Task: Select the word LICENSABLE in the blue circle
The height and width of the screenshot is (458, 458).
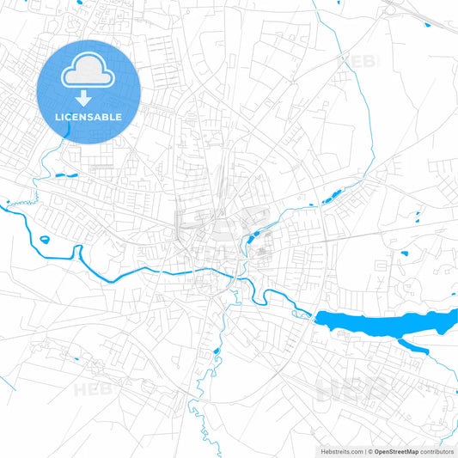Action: pos(89,116)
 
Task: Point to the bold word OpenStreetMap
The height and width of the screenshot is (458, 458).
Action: pos(396,450)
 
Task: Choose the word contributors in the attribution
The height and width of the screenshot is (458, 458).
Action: pos(437,450)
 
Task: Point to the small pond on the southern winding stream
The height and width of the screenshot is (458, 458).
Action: pos(216,351)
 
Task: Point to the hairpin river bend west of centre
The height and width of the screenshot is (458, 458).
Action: pos(78,250)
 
